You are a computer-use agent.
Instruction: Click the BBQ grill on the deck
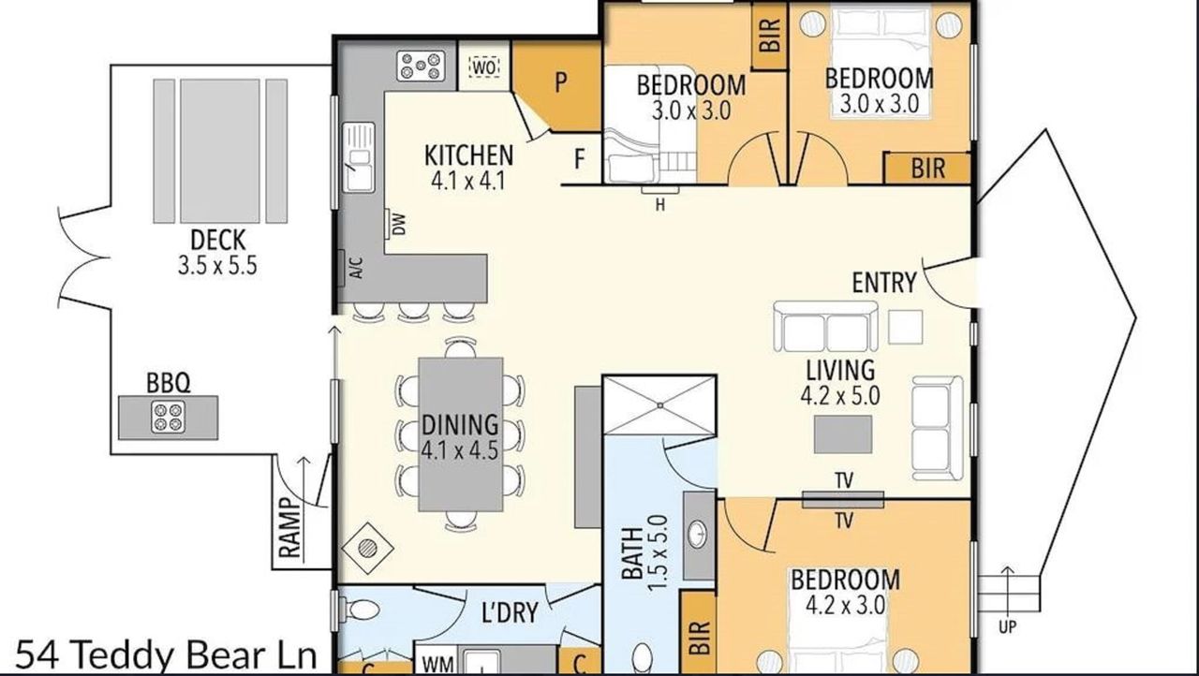[168, 418]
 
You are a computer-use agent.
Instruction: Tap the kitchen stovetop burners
[421, 66]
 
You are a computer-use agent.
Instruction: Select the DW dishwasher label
[399, 225]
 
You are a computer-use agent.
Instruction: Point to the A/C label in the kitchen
[357, 268]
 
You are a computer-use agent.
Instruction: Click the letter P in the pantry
[560, 83]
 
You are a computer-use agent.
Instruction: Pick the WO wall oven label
[484, 68]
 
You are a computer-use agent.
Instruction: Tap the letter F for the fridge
[579, 159]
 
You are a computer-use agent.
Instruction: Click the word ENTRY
[884, 283]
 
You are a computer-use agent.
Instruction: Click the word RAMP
[290, 528]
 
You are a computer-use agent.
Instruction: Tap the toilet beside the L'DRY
[362, 610]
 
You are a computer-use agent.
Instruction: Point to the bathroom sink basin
[696, 534]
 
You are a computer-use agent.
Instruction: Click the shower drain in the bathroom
[660, 406]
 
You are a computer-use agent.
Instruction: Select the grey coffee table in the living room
[843, 434]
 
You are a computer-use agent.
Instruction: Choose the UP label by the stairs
[1007, 626]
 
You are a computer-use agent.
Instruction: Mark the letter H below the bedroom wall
[660, 205]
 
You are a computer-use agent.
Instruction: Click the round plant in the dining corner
[367, 548]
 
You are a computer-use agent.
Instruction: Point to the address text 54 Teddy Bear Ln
[167, 655]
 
